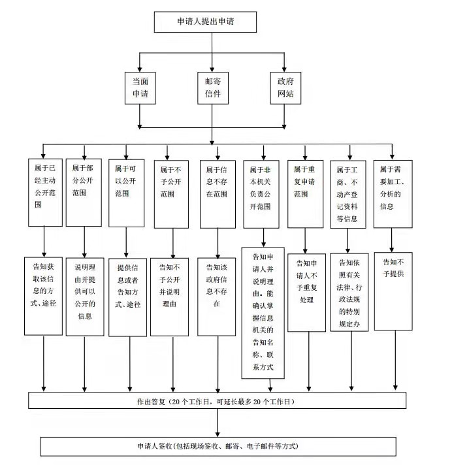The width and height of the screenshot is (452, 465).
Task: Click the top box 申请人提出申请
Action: pyautogui.click(x=205, y=22)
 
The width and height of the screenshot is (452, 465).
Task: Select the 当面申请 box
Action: pyautogui.click(x=140, y=88)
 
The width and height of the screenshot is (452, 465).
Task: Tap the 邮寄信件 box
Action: pyautogui.click(x=213, y=88)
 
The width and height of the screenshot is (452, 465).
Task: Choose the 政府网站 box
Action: pyautogui.click(x=285, y=88)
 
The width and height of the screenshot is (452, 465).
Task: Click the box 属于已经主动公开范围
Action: pyautogui.click(x=45, y=193)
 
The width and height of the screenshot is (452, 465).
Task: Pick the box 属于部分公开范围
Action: pyautogui.click(x=84, y=193)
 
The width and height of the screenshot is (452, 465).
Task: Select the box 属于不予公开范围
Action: pyautogui.click(x=171, y=194)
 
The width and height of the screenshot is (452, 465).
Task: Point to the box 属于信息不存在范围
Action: pyautogui.click(x=218, y=194)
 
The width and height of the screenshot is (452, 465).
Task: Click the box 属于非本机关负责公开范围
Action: pyautogui.click(x=261, y=194)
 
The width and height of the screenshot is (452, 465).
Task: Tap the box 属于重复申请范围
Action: pyautogui.click(x=306, y=194)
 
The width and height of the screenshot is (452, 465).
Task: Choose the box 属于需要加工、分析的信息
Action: pyautogui.click(x=393, y=194)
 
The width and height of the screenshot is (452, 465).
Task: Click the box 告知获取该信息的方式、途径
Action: pyautogui.click(x=43, y=297)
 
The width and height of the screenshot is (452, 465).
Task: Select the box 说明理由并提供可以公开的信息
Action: pyautogui.click(x=85, y=297)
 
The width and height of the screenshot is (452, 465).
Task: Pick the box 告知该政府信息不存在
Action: pyautogui.click(x=216, y=297)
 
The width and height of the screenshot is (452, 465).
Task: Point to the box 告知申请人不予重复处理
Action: pyautogui.click(x=307, y=293)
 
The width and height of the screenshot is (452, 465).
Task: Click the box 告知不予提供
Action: pyautogui.click(x=393, y=291)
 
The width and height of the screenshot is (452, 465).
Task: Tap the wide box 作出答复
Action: pyautogui.click(x=217, y=400)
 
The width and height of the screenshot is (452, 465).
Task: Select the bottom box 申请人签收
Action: pyautogui.click(x=218, y=446)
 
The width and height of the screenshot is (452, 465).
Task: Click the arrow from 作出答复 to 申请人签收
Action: pyautogui.click(x=218, y=423)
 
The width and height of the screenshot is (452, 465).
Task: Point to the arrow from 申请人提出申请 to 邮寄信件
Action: pyautogui.click(x=212, y=52)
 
